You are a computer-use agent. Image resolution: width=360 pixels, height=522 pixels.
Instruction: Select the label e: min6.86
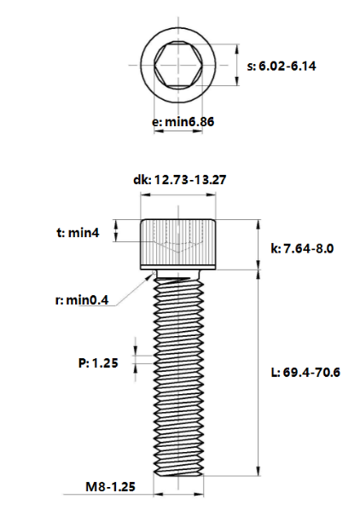click(183, 122)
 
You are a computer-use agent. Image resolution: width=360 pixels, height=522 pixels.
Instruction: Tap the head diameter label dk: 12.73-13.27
click(179, 180)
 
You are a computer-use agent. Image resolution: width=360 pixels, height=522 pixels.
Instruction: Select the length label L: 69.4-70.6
click(305, 373)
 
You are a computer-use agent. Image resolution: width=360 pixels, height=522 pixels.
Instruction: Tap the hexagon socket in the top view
click(179, 65)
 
